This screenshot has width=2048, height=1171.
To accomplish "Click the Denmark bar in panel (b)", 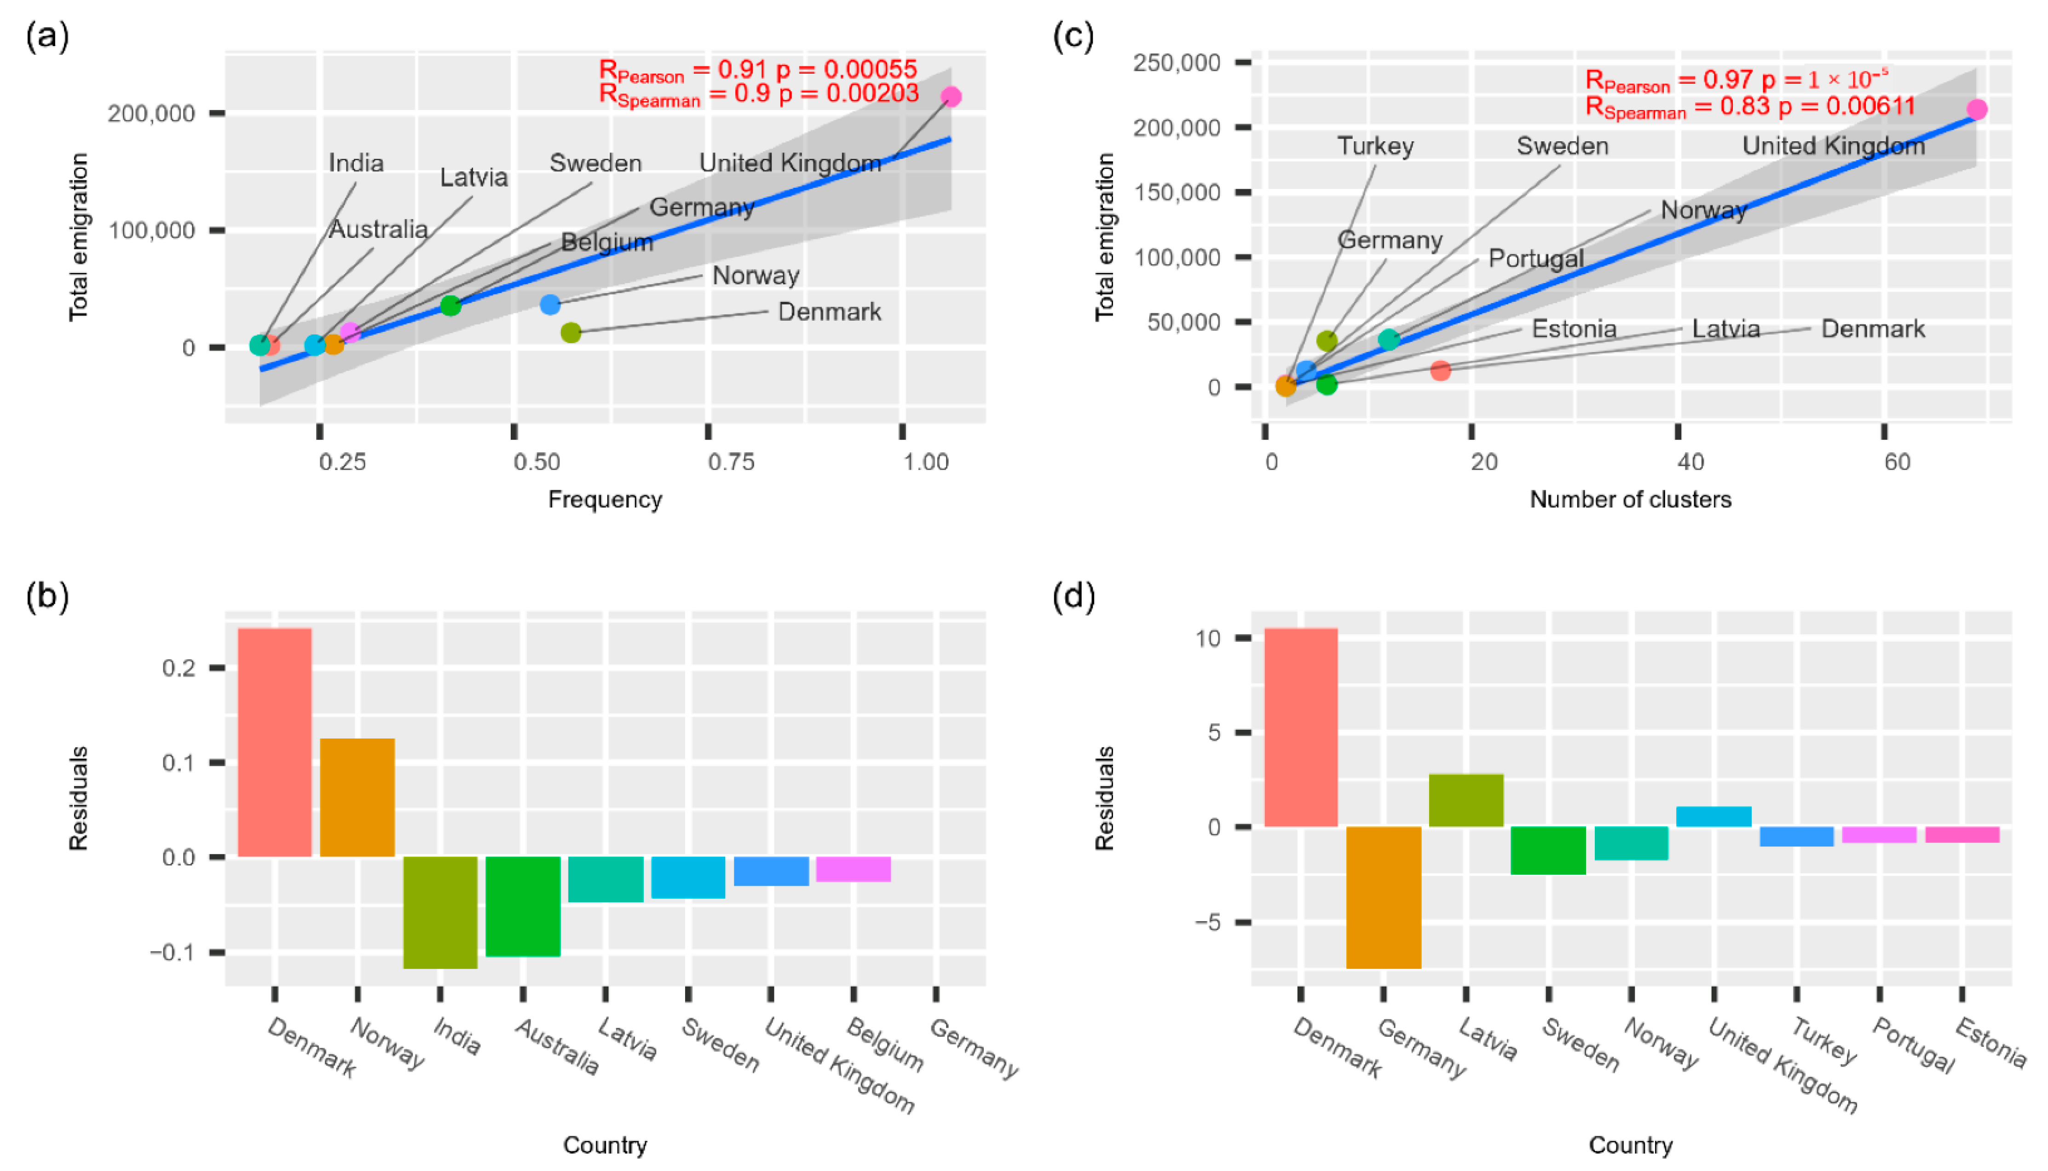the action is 275,742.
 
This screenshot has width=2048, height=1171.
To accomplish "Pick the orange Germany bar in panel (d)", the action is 1384,898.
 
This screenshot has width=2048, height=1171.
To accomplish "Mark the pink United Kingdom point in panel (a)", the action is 951,97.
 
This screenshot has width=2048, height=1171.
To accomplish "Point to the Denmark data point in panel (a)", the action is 571,332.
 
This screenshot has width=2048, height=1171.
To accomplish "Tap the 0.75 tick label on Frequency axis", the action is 731,461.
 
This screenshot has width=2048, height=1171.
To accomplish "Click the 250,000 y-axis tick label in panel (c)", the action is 1177,63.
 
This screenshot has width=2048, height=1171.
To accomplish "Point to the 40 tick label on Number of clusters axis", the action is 1690,461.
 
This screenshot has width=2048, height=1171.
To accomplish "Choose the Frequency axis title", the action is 605,499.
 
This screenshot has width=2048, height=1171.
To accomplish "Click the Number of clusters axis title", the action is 1630,499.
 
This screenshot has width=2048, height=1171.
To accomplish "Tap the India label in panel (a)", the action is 356,163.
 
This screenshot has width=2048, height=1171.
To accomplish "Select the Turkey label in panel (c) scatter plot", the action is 1375,146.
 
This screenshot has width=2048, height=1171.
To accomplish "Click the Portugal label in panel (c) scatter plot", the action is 1536,259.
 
